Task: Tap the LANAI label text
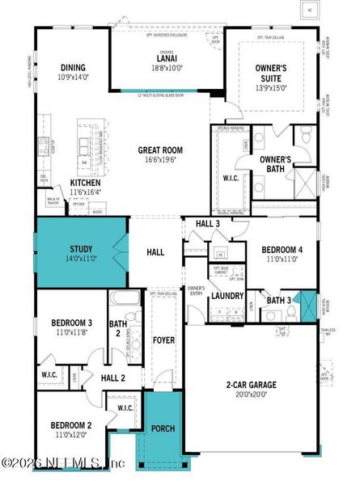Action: pyautogui.click(x=166, y=59)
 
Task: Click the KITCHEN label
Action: pyautogui.click(x=85, y=183)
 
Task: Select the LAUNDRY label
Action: pyautogui.click(x=227, y=296)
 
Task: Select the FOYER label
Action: pyautogui.click(x=164, y=340)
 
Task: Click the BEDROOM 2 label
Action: pyautogui.click(x=71, y=425)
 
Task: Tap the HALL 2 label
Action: pyautogui.click(x=113, y=377)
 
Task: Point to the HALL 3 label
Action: pyautogui.click(x=208, y=224)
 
